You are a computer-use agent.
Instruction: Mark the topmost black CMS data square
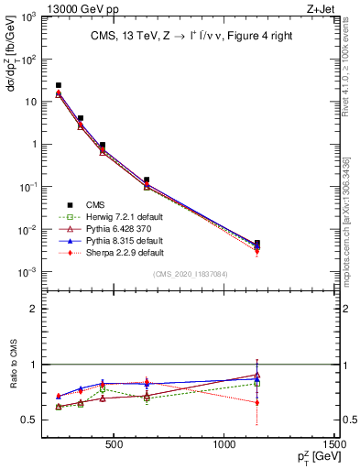coord(59,85)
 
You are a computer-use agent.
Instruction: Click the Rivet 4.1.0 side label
coord(352,64)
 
